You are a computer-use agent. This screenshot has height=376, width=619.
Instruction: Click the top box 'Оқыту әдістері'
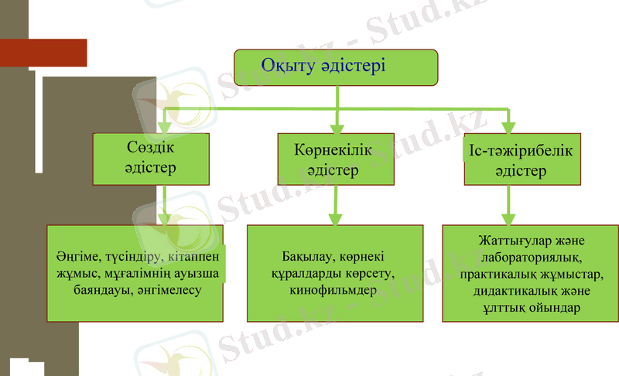pos(337,67)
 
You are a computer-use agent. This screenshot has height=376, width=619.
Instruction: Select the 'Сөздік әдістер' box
pos(150,159)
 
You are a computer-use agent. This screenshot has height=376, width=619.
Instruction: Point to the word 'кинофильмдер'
pos(334,292)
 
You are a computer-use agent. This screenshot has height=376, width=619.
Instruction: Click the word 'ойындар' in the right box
pos(556,308)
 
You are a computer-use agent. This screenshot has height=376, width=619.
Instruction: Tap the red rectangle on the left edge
pos(43,53)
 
